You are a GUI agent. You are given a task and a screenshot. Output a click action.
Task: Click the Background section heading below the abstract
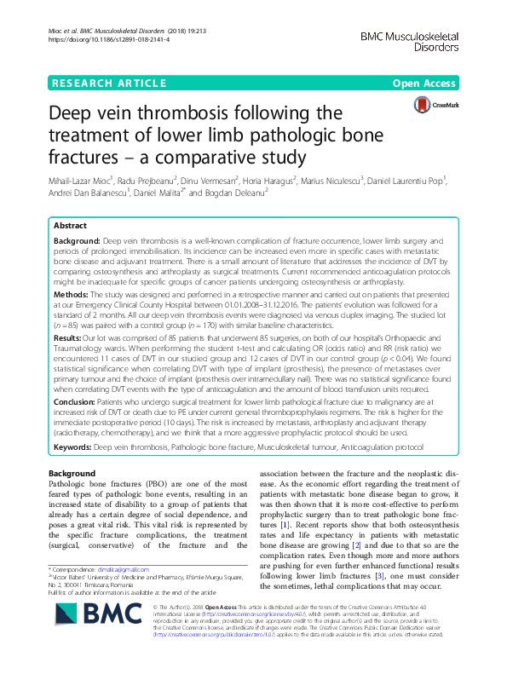(72, 472)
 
